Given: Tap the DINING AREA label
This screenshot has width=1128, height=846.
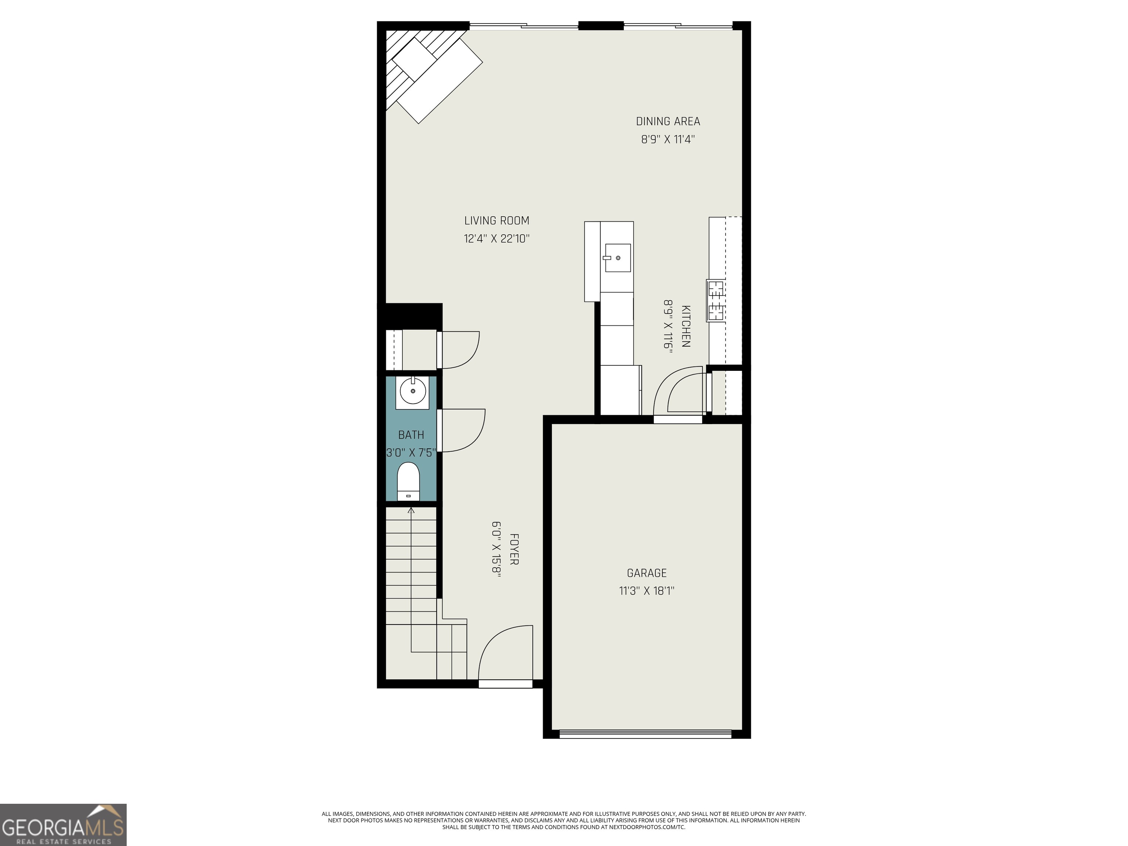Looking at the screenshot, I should pyautogui.click(x=668, y=122).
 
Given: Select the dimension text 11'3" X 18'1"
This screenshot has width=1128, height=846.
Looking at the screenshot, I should pyautogui.click(x=646, y=591).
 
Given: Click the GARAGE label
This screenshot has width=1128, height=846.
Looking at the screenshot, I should pyautogui.click(x=646, y=573).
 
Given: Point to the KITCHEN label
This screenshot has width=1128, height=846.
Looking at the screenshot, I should pyautogui.click(x=686, y=326).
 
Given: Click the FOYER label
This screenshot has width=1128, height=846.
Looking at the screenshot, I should pyautogui.click(x=514, y=549).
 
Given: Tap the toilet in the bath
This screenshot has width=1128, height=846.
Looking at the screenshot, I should pyautogui.click(x=408, y=481).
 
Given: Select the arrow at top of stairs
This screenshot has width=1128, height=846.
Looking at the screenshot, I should pyautogui.click(x=411, y=510).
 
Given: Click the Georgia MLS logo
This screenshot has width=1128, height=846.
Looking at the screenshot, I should pyautogui.click(x=63, y=825).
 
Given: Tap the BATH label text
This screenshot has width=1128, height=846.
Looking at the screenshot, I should pyautogui.click(x=411, y=435).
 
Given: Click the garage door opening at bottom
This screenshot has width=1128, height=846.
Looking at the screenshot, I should pyautogui.click(x=646, y=734).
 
